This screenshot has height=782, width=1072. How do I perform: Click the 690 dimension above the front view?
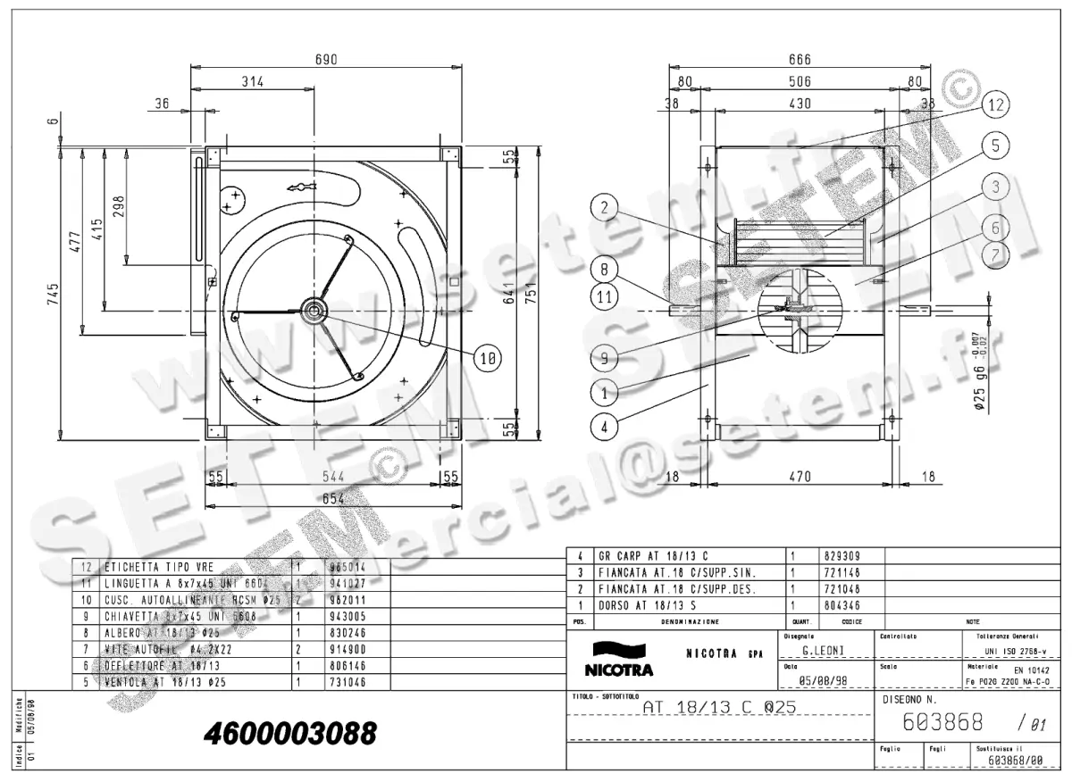point(325,60)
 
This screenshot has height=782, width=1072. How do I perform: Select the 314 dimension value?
point(253,82)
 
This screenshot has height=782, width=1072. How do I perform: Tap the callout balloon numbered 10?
point(487,359)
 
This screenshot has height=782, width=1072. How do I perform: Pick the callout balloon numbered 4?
point(605,427)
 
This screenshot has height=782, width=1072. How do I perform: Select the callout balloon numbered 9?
point(605,358)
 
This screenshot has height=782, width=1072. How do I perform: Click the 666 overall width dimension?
point(800,60)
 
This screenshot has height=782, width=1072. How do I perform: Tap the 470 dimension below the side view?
point(800,477)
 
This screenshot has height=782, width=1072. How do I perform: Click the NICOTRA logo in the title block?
point(618,660)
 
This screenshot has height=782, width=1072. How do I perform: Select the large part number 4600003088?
point(290,734)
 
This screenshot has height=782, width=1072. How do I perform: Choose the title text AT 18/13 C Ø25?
point(720,708)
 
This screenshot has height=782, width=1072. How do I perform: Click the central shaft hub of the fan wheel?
point(314,310)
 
